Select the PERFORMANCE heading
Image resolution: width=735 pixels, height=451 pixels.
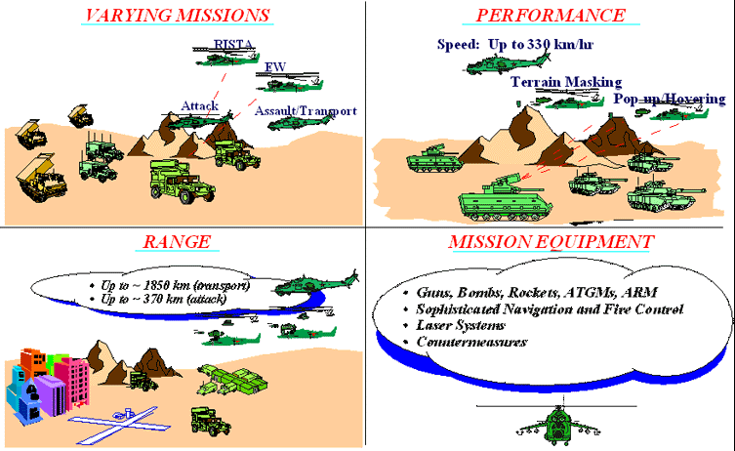(x=551, y=16)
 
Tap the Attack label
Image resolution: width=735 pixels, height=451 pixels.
(x=198, y=105)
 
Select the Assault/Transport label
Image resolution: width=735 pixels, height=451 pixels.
(x=306, y=111)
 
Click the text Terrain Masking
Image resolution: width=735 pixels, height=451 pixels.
(x=565, y=82)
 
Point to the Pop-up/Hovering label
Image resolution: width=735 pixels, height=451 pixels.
(x=670, y=99)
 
